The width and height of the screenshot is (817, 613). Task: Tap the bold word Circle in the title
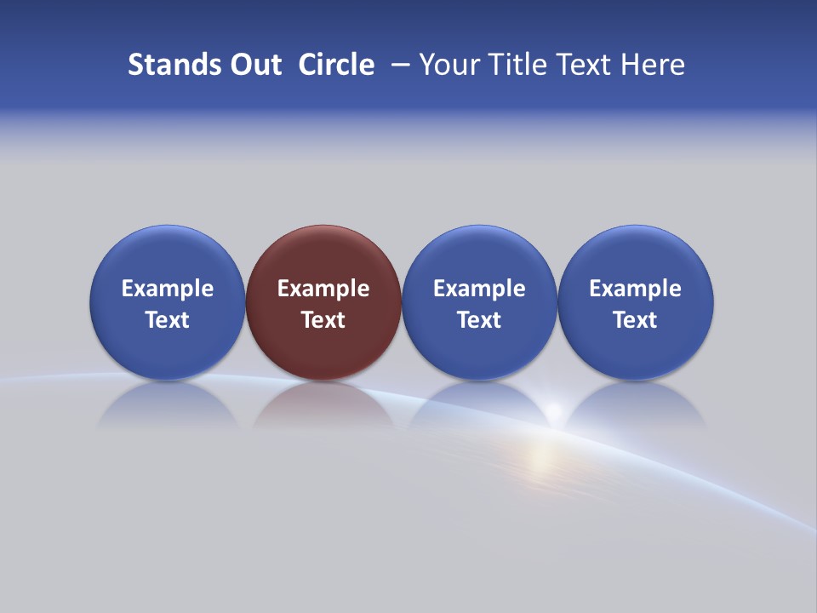coord(336,65)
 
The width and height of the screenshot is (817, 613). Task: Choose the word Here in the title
coord(653,65)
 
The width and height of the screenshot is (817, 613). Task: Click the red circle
coord(323,302)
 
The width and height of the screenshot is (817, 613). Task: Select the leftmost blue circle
coord(167,302)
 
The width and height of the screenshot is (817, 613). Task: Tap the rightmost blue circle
coord(636,302)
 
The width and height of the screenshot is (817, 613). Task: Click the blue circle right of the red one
coord(479,302)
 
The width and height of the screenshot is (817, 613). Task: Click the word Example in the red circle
coord(323,289)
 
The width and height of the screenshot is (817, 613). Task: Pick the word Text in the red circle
coord(323,320)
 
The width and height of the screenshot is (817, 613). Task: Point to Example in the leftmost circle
coord(167,289)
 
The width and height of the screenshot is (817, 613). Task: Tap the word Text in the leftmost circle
coord(167,320)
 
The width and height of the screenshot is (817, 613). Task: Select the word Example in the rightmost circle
coord(636,289)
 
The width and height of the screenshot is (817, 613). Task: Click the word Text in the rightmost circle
coord(636,320)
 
